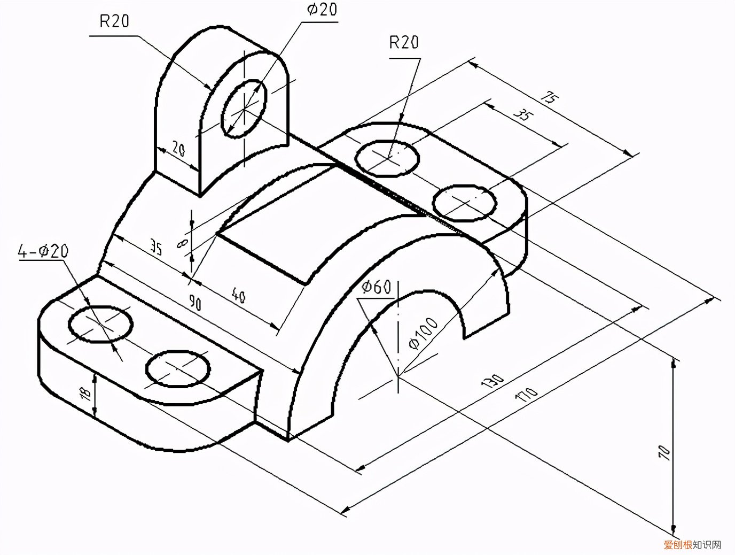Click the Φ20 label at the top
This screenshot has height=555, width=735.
pyautogui.click(x=322, y=10)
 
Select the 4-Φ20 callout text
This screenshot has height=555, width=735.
pyautogui.click(x=43, y=251)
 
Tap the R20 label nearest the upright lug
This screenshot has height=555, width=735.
pyautogui.click(x=114, y=21)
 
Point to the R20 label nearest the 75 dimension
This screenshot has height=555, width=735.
pyautogui.click(x=404, y=43)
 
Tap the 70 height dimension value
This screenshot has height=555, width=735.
pyautogui.click(x=664, y=452)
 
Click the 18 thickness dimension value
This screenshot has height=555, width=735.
pyautogui.click(x=85, y=394)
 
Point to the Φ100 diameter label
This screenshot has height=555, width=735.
pyautogui.click(x=423, y=333)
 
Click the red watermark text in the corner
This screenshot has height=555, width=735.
pyautogui.click(x=677, y=545)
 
